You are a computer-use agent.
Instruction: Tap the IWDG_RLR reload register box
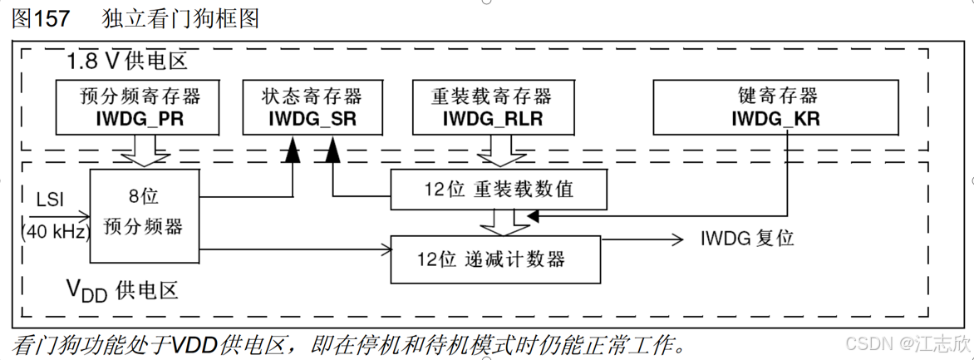tap(492, 106)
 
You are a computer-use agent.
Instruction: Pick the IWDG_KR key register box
tap(775, 106)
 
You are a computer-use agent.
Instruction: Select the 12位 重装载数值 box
tap(499, 190)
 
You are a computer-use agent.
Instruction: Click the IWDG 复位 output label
tap(747, 239)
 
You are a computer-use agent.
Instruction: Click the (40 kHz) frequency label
tap(55, 232)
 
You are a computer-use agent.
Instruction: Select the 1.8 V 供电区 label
tap(127, 60)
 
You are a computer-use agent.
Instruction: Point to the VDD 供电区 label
tap(122, 290)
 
